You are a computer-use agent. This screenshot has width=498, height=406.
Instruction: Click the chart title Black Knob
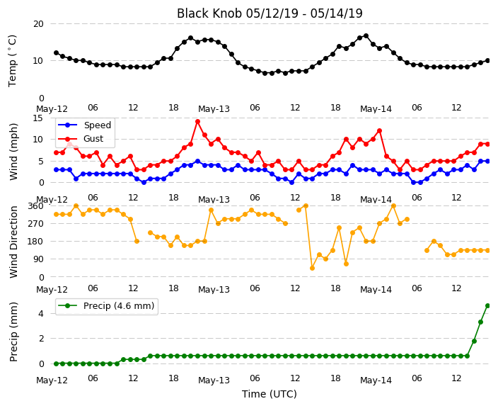point(209,13)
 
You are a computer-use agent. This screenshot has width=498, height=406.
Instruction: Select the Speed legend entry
point(84,125)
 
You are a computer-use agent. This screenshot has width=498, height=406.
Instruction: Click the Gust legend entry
point(81,139)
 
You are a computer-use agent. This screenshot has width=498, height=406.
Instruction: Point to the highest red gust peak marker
point(197,122)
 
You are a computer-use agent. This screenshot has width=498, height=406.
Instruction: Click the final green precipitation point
point(488,306)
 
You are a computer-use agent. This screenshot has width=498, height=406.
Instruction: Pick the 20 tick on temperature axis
point(38,24)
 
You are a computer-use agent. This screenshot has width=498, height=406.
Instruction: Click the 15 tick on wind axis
point(37,118)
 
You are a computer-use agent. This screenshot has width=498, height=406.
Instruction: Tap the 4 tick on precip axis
point(41,314)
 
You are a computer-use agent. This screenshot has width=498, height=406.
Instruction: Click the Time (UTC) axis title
point(270,394)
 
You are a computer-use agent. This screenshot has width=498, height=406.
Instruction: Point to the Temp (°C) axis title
point(12,61)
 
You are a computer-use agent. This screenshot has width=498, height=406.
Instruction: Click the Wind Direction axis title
point(13,242)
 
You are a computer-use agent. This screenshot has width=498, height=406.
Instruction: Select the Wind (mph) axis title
point(13,152)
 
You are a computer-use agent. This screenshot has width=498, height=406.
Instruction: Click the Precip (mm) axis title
point(13,332)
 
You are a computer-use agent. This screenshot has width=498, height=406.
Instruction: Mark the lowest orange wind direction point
point(312,269)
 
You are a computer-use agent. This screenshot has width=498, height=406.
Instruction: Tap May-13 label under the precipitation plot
point(214,380)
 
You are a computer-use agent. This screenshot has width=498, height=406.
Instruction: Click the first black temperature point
point(56,53)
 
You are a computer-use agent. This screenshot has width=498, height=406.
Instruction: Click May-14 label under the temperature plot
point(376,109)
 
